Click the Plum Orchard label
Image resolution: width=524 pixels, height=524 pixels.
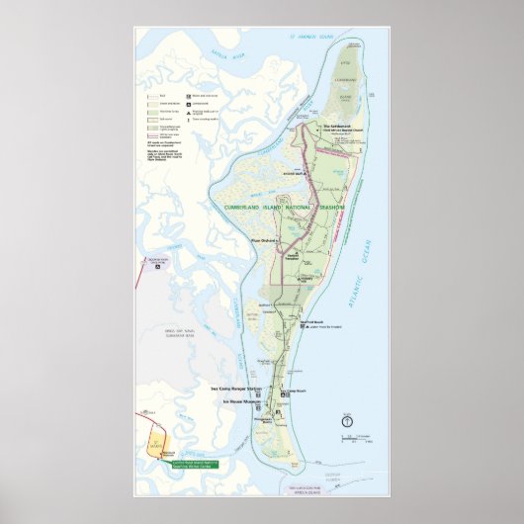pyautogui.click(x=262, y=240)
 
